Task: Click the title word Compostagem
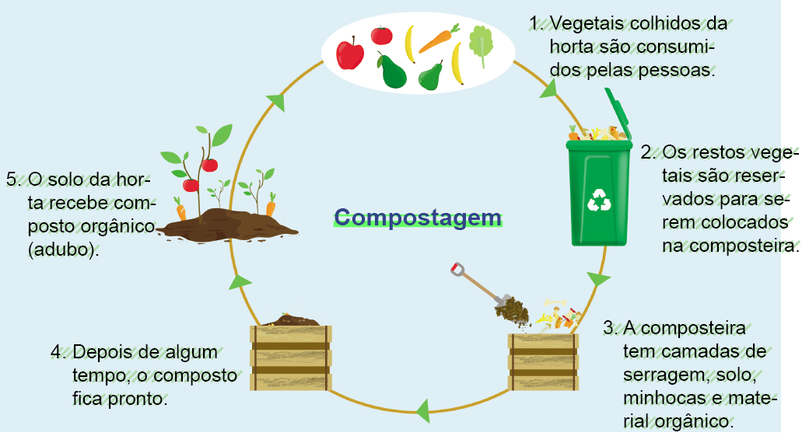point(418,218)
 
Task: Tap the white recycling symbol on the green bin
point(601,199)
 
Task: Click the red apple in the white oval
point(350,53)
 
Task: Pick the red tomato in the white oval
point(381,35)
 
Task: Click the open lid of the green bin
point(618,115)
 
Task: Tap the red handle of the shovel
point(457,269)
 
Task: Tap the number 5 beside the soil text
point(12,179)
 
